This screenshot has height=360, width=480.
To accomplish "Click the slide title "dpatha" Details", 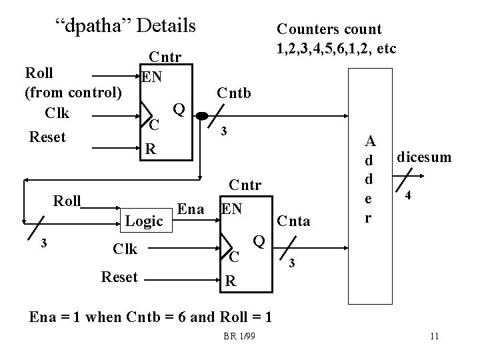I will point(125,26).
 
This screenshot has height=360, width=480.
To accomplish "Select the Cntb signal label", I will point(233,93).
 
